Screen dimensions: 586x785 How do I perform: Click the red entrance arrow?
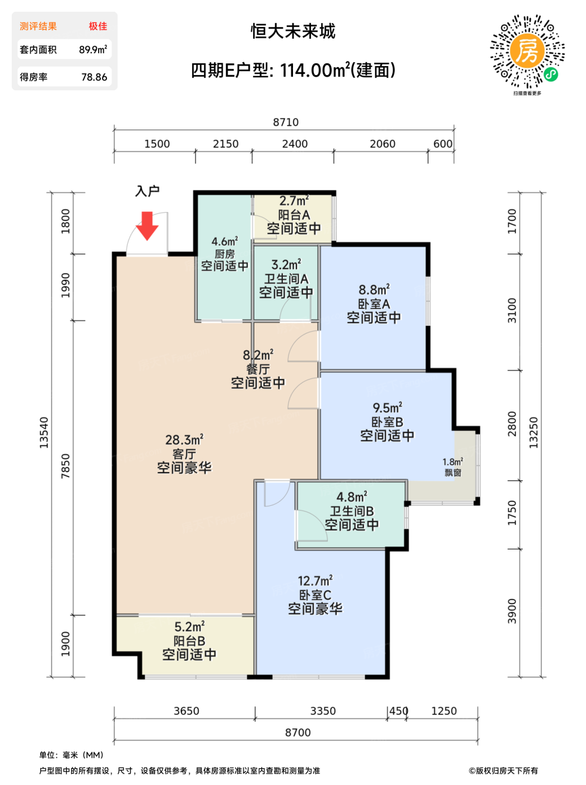[147, 225]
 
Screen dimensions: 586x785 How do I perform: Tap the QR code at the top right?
[527, 52]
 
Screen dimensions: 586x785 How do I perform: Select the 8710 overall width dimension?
[286, 122]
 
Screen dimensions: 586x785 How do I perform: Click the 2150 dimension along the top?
[225, 144]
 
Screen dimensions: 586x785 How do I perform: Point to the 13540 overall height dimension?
[44, 432]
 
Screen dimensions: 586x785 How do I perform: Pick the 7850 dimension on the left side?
[66, 465]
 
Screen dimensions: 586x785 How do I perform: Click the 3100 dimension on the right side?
[512, 310]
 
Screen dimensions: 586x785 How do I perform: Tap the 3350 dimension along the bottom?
[323, 710]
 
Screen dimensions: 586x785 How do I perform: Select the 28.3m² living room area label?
[184, 440]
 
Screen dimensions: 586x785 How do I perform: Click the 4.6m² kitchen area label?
[225, 242]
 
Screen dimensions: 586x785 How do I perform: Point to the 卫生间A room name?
[286, 279]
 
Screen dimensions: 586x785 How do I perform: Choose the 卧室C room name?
[315, 595]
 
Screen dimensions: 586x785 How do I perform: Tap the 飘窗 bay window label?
[453, 473]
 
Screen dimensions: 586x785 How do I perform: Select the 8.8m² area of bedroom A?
[374, 289]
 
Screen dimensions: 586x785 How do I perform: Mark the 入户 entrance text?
[147, 191]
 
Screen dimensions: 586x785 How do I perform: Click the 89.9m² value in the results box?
[93, 49]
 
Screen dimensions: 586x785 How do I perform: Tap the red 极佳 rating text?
[98, 26]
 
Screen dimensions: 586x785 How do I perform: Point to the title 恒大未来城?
[293, 31]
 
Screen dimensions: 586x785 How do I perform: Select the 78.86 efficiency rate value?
[94, 77]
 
